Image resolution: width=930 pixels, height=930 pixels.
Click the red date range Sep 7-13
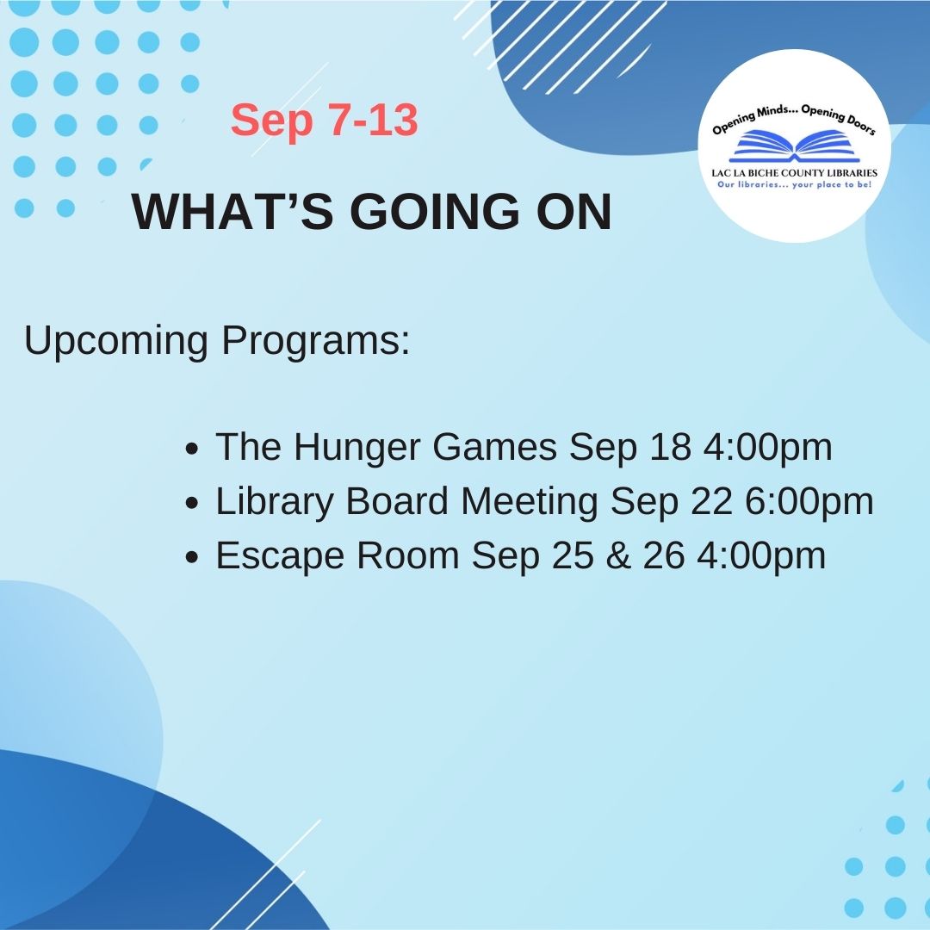point(324,121)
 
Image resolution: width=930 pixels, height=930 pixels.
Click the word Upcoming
point(116,342)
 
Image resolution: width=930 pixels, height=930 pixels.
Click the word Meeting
point(529,502)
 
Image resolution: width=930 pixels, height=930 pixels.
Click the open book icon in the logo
point(794,146)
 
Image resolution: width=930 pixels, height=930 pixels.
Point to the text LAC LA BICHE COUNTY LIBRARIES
point(794,173)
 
